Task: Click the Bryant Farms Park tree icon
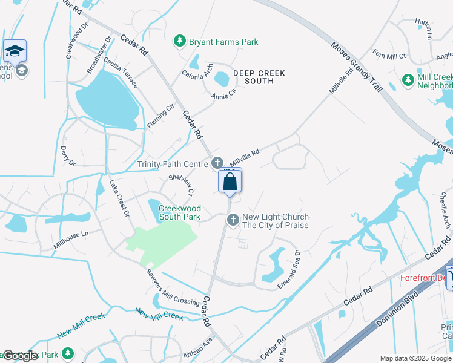point(179,41)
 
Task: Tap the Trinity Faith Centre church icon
point(217,163)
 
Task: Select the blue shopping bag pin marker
point(230,181)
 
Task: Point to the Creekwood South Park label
point(180,212)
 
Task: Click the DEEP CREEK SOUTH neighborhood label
point(259,77)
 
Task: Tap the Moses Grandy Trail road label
point(357,66)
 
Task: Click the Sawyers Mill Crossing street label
point(173,286)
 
